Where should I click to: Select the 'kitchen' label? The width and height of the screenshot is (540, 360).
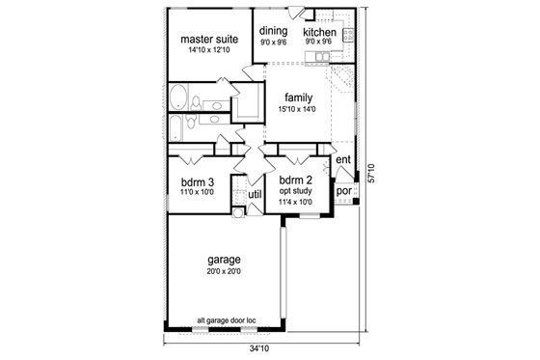(319, 31)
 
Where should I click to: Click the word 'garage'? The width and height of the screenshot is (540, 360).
(223, 260)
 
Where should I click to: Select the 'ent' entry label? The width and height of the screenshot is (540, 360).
(342, 159)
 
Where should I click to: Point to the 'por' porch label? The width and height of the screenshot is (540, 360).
(342, 191)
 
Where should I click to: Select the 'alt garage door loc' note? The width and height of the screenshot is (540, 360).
(224, 320)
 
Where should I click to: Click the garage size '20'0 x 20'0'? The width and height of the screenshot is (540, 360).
(223, 272)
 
